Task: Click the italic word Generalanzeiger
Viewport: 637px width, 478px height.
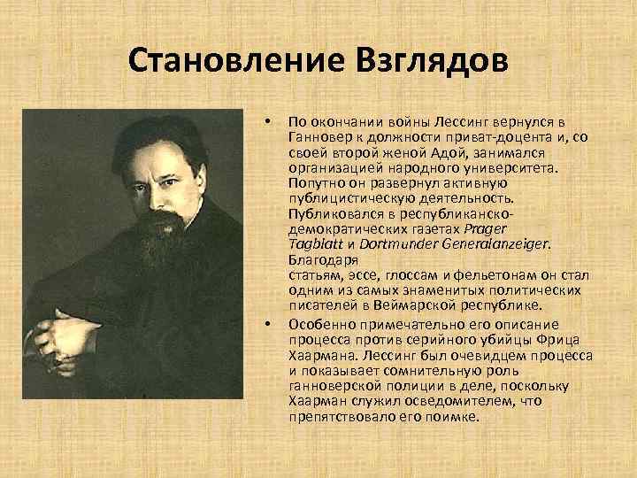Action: (496, 243)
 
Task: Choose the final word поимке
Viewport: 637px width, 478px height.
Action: (451, 416)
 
